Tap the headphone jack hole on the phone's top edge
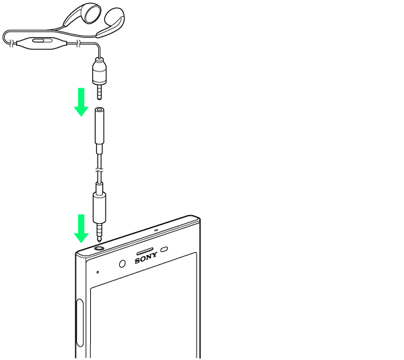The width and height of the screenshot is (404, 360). [100, 247]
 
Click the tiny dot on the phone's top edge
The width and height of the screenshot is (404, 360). [156, 229]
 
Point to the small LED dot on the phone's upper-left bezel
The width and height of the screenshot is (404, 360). [98, 272]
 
